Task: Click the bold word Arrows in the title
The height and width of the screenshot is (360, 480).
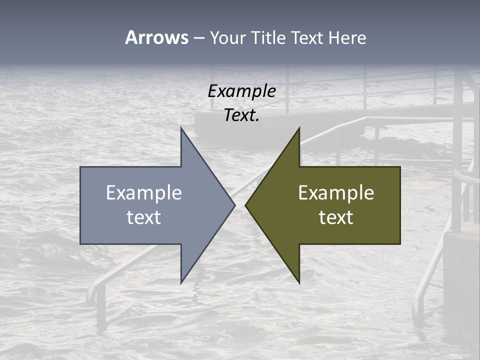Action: click(x=156, y=37)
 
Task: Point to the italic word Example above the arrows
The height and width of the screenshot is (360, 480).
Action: click(x=241, y=91)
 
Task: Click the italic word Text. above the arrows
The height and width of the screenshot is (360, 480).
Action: click(x=241, y=115)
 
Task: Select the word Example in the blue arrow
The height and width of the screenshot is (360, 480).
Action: click(x=144, y=192)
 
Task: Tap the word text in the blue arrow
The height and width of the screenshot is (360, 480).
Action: click(x=144, y=217)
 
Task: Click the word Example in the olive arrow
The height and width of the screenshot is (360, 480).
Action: click(x=336, y=192)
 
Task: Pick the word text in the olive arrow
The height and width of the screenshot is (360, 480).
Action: click(x=336, y=217)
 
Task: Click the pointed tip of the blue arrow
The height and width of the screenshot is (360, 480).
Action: click(x=234, y=205)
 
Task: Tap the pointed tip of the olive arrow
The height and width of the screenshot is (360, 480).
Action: click(x=246, y=205)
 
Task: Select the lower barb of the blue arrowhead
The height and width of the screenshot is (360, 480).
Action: click(x=182, y=281)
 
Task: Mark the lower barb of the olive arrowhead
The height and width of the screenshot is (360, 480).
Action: click(x=298, y=281)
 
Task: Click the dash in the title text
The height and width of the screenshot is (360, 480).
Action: click(x=198, y=38)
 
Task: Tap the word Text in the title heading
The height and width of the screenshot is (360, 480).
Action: click(x=308, y=37)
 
